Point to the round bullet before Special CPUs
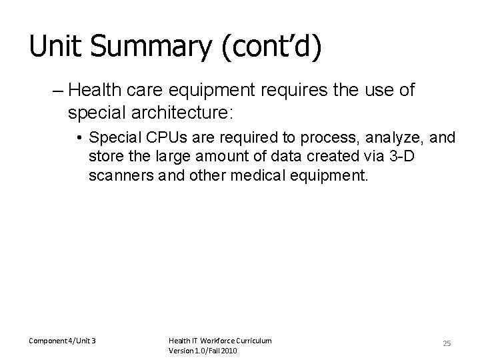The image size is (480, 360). tap(79, 138)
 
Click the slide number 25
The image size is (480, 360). tap(447, 343)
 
